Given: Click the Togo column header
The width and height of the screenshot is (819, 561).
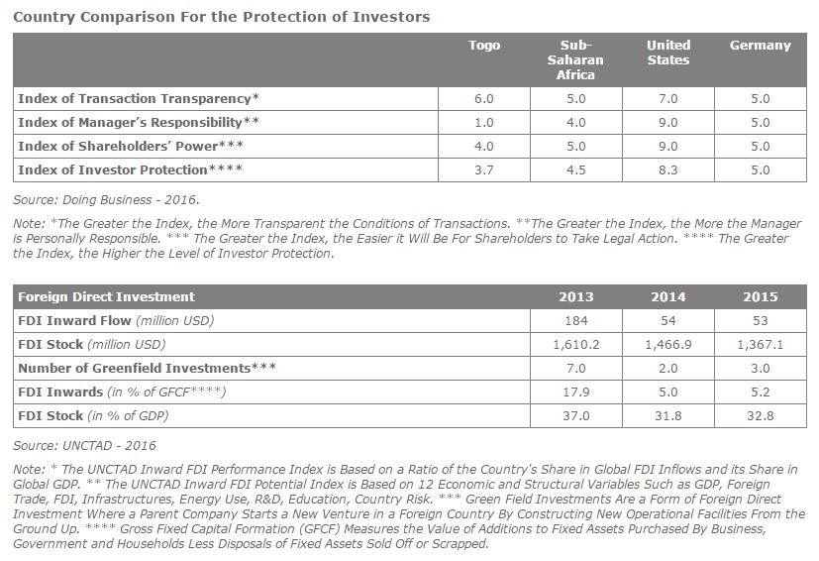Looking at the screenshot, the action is pos(484,46).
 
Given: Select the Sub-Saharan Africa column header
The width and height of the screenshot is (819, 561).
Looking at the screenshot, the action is pos(575,59).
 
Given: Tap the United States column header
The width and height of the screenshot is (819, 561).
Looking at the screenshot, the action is pos(668,53).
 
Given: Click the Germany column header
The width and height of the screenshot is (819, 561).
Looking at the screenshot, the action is pos(760,46).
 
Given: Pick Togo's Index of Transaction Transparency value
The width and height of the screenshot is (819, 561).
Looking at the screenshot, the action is pos(483,99).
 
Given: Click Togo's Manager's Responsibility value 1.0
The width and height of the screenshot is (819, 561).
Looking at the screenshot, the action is pos(483,122).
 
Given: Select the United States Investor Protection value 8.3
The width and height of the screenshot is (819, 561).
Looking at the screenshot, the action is pos(668,169).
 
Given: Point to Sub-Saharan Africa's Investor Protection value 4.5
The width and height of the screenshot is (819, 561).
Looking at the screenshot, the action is pos(576,169).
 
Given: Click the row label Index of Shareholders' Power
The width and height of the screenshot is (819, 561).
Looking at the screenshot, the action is pos(131,146).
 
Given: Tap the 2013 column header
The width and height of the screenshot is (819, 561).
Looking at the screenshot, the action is pos(576,297).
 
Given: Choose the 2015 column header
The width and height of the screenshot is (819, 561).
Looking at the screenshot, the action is pos(761,297).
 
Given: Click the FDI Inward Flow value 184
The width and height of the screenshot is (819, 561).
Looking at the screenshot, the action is pos(576,320).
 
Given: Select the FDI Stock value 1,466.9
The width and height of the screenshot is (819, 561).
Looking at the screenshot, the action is pos(668,345).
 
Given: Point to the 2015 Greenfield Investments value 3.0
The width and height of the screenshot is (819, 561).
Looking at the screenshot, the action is pos(761,368).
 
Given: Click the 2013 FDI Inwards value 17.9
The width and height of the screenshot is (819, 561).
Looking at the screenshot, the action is pos(576,393).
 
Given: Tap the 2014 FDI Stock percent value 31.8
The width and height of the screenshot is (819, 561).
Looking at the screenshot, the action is pos(668,415).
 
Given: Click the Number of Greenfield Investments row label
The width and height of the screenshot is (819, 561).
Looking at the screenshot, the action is pos(147,368).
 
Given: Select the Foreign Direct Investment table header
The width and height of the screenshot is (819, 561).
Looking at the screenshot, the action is pos(106,297).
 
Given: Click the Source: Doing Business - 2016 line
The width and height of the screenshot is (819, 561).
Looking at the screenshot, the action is pos(106,200).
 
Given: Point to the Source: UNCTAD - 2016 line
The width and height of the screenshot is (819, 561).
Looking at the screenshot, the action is pos(84,445).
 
